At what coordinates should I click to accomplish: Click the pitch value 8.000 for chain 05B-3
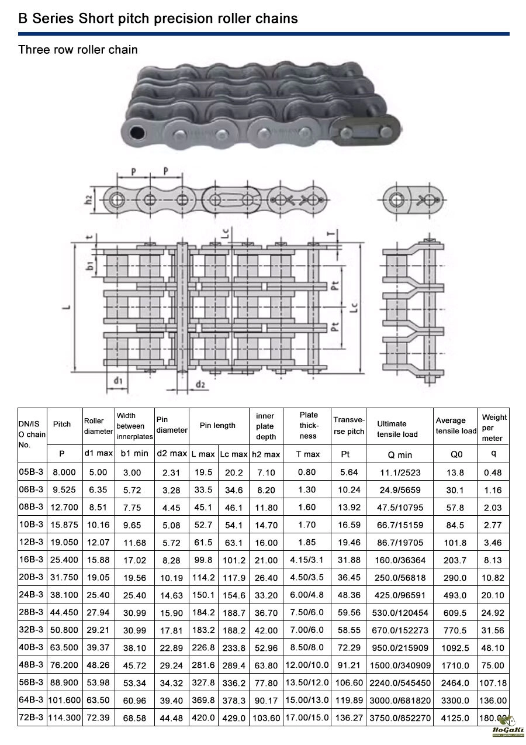pos(64,472)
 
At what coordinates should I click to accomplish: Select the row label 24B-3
pos(31,594)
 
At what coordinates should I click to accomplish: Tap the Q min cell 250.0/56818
pos(400,577)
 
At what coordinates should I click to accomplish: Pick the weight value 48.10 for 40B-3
pos(493,647)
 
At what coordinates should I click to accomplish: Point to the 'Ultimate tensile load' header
pos(397,429)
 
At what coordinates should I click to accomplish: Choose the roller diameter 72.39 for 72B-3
pos(98,718)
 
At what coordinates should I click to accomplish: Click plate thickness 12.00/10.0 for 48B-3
pos(307,665)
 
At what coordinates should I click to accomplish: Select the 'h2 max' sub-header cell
pos(266,454)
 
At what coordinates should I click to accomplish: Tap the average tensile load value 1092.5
pos(455,647)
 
